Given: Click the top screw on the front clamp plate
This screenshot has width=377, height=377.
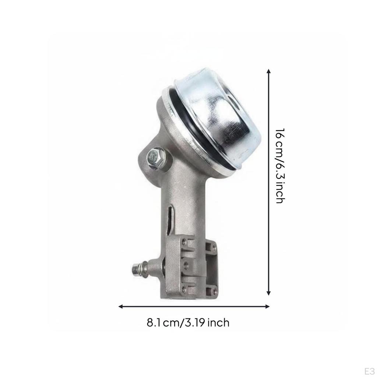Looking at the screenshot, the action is click(184, 242).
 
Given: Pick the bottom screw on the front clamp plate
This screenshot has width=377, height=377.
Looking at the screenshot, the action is click(184, 289).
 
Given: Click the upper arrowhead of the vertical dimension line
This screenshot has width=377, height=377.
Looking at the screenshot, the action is click(269, 71).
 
